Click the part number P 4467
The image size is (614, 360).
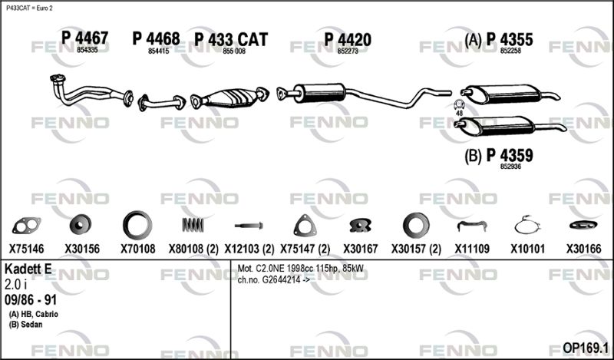pos(84,38)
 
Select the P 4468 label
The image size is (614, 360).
pos(156,39)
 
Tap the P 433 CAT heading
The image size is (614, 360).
pos(231,40)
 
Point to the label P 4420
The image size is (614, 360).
pos(348,40)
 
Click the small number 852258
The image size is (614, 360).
pos(510,51)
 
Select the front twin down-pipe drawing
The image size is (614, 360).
pos(91,91)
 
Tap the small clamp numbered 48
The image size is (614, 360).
pos(458,104)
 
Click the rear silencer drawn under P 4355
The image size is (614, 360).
pos(510,94)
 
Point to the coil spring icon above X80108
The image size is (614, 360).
pos(193,225)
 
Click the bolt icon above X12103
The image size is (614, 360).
pos(249,226)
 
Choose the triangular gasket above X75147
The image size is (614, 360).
pos(305,226)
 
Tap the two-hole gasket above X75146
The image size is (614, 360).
pos(27,226)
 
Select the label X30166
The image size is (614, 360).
pos(583,249)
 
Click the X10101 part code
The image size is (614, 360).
pos(527,249)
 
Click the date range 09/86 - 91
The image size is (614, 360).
pos(31,300)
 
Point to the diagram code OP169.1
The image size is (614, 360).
pos(586,348)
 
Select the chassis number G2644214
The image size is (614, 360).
pos(281,280)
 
